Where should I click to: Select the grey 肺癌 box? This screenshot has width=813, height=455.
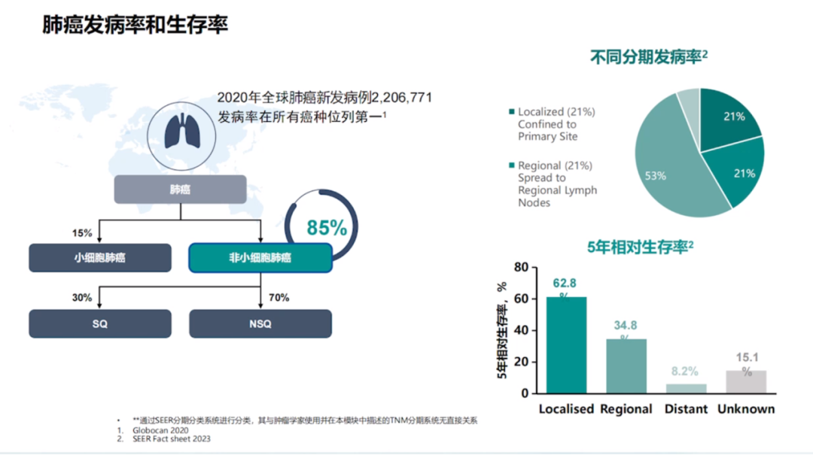click(180, 190)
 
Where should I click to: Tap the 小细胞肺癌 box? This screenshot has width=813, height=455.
click(99, 258)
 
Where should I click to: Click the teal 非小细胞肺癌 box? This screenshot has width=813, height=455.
click(260, 258)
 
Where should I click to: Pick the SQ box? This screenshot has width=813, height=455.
click(99, 324)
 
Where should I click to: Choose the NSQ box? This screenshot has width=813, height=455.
click(260, 324)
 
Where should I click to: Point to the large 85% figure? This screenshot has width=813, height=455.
click(327, 227)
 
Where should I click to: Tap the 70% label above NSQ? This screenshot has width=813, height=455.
click(279, 298)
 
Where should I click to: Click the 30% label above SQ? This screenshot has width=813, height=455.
click(82, 298)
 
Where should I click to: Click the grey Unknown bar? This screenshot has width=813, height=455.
click(746, 381)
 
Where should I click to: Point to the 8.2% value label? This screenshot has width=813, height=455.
click(685, 371)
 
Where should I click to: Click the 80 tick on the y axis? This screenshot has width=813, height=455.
click(521, 267)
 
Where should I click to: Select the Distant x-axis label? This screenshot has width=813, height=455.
click(686, 409)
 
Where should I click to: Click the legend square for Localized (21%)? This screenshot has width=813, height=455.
click(512, 112)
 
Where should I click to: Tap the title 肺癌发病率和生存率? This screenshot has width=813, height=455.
click(135, 25)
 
